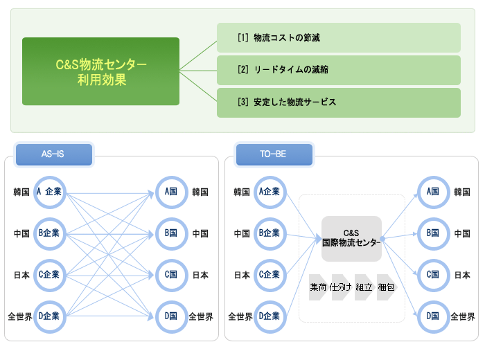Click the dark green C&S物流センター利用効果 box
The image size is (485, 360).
[100, 71]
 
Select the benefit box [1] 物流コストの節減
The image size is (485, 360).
[339, 37]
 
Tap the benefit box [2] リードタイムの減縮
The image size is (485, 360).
[339, 70]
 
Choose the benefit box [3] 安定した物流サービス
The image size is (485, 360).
[339, 102]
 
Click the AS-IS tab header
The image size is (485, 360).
[54, 154]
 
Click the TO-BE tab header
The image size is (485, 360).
[274, 154]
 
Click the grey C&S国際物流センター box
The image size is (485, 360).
[351, 239]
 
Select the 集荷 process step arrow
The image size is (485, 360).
[318, 287]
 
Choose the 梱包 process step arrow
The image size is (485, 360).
[386, 287]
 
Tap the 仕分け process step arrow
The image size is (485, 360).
[341, 287]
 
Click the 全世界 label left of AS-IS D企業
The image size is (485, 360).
[20, 317]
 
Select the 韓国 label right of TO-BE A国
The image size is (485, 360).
[462, 192]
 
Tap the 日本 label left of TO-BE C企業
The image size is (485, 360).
[242, 276]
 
